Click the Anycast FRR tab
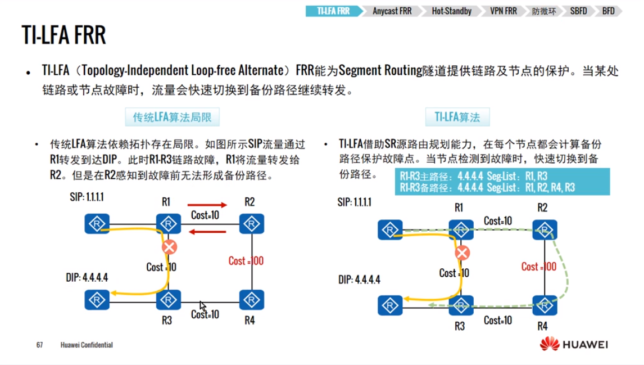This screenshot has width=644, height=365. tap(392, 11)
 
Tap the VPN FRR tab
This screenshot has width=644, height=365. tap(502, 11)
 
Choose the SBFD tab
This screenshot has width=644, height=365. tap(578, 11)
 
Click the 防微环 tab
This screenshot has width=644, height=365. tap(543, 11)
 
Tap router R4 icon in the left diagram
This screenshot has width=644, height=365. tap(249, 299)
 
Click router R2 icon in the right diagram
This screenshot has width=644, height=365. tap(542, 229)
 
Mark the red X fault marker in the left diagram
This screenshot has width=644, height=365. tap(169, 246)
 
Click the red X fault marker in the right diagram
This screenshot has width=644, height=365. tap(462, 253)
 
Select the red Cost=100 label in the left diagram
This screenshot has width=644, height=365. tap(246, 261)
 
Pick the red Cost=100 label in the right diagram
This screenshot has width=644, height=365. tap(538, 267)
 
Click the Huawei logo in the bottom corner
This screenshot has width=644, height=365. tap(574, 344)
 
